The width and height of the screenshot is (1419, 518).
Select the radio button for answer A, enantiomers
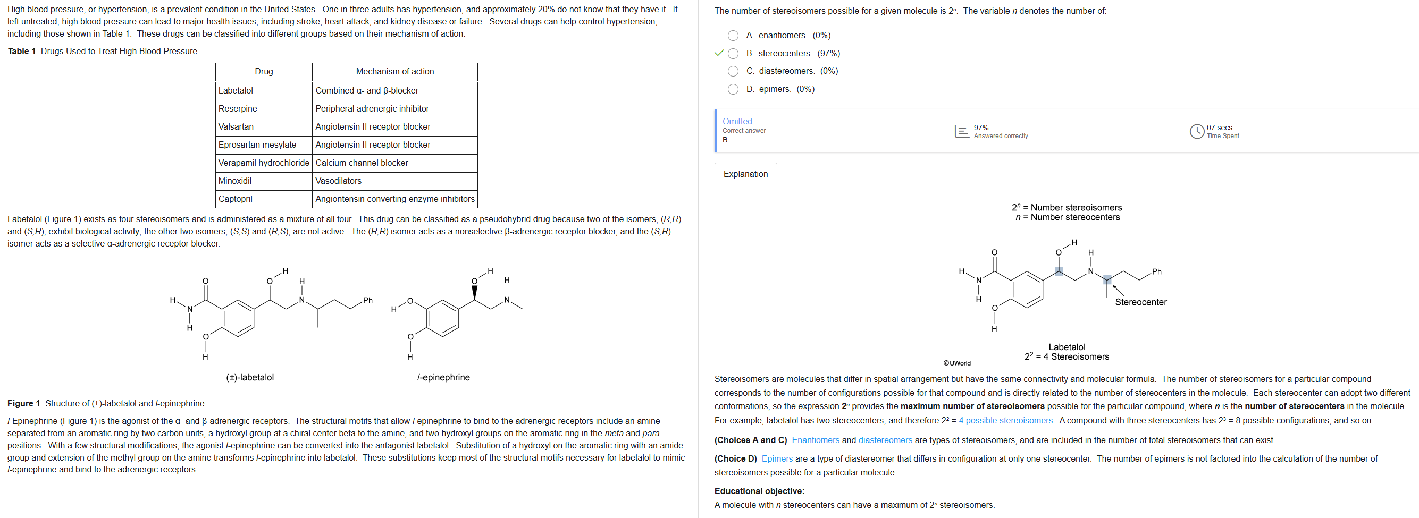coord(733,36)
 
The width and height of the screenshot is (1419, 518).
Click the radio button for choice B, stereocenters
coord(733,54)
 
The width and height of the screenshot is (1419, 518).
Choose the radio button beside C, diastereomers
coord(733,71)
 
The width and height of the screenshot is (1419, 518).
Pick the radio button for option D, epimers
coord(733,89)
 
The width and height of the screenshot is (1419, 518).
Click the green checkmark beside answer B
coord(718,54)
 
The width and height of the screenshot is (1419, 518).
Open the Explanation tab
coord(745,174)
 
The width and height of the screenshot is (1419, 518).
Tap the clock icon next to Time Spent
coord(1196,132)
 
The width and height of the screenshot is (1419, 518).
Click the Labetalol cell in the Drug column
coord(236,91)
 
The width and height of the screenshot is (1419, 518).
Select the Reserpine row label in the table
coord(238,109)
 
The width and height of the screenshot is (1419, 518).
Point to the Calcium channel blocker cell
coord(362,163)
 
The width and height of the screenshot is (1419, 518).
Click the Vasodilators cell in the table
coord(338,181)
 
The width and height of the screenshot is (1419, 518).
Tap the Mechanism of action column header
coord(394,72)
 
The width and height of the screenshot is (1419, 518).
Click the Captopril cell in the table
coord(236,199)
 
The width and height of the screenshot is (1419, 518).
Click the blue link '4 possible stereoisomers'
coord(1005,421)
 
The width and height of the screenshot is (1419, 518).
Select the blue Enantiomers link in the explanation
coord(815,440)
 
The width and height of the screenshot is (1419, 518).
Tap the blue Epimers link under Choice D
coord(777,459)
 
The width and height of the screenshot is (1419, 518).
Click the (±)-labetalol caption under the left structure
coord(249,378)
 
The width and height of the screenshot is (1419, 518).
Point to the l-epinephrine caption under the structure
coord(443,378)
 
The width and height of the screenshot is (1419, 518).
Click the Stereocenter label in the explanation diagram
coord(1140,302)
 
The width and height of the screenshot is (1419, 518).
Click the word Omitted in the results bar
coord(736,121)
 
